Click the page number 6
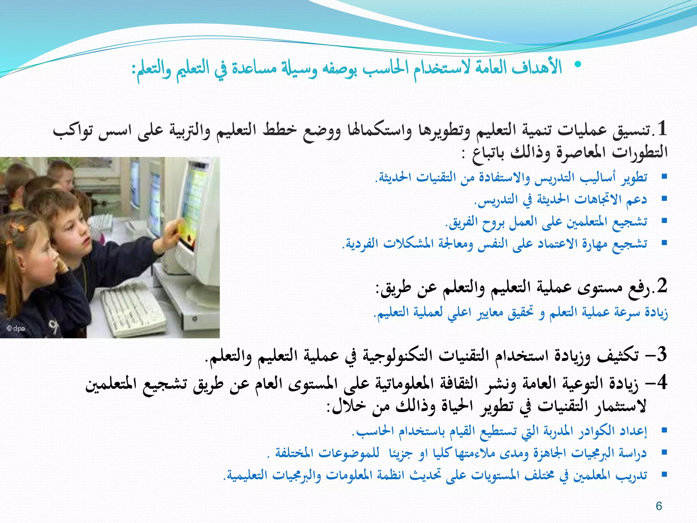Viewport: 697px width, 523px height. [x=659, y=506]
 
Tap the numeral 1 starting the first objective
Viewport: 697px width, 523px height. [x=662, y=129]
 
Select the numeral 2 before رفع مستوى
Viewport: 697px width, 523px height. [x=662, y=286]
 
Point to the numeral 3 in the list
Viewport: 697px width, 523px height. [x=662, y=355]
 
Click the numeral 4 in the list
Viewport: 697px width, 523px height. [x=662, y=383]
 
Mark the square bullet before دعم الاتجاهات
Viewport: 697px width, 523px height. [x=664, y=199]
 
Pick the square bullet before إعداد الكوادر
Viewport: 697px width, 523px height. [x=664, y=430]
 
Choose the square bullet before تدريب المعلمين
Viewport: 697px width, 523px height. [x=664, y=474]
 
